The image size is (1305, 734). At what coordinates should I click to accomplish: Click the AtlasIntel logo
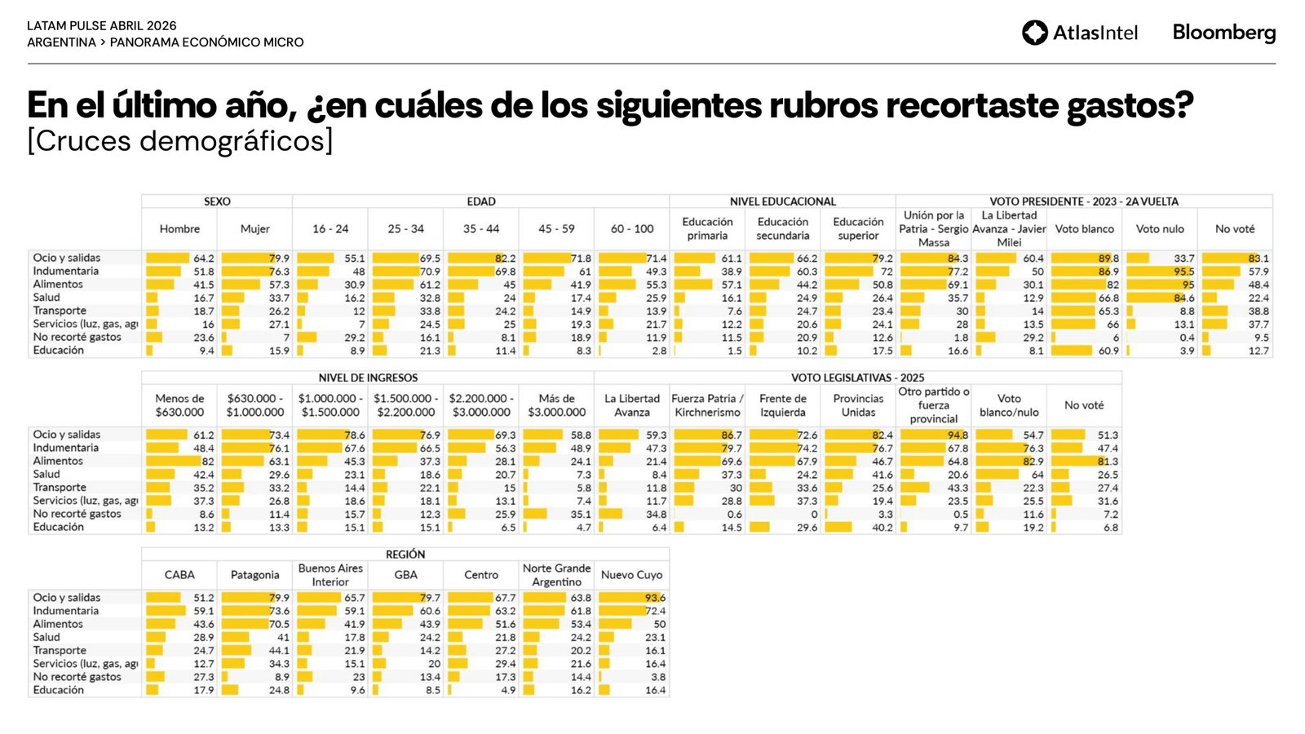pos(1079,33)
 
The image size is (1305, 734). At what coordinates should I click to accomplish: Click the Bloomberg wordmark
pos(1223,33)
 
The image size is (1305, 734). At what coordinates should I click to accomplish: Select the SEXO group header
pos(217,201)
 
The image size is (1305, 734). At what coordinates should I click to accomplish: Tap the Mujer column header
pos(254,229)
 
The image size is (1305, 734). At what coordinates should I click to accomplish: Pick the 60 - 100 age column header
pos(632,229)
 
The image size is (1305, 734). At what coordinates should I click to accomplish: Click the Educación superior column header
pos(858,228)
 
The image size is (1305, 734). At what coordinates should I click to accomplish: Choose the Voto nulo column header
pos(1159,229)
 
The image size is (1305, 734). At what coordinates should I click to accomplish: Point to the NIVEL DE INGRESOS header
pos(368,378)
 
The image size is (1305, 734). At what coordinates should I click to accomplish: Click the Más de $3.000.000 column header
pos(556,405)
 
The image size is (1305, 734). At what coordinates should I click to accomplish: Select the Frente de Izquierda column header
pos(782,405)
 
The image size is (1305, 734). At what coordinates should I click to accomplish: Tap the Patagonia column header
pos(254,575)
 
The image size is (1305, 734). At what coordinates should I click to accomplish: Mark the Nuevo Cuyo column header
pos(631,575)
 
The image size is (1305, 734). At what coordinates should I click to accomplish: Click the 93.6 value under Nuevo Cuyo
pos(655,598)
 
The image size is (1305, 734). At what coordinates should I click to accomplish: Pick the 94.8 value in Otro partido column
pos(958,436)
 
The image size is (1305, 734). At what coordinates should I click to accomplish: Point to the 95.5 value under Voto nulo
pos(1183,272)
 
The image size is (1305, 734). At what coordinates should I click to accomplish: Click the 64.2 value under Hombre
pos(204,259)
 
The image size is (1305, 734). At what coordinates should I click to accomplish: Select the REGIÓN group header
pos(405,555)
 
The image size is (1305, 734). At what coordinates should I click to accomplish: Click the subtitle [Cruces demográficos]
pos(180,141)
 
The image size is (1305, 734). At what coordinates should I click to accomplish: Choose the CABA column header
pos(179,575)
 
